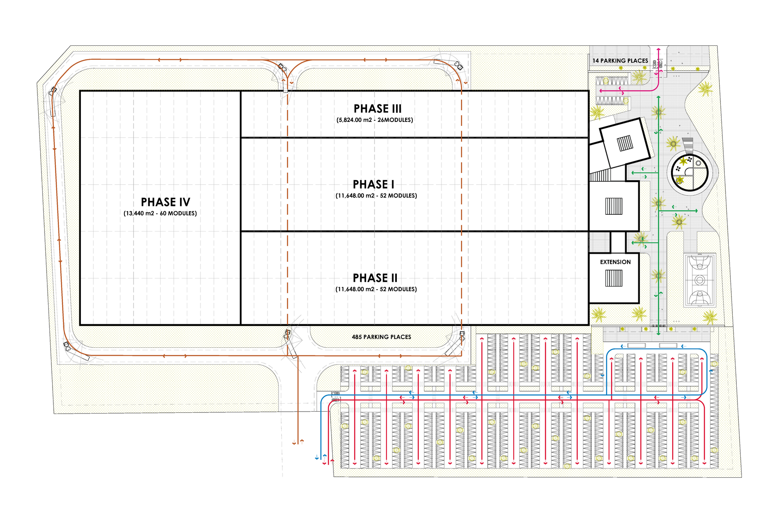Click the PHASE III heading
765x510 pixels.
[x=377, y=108]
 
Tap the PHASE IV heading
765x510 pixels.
[x=165, y=202]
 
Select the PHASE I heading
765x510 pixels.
[x=373, y=184]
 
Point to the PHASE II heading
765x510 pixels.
[x=375, y=278]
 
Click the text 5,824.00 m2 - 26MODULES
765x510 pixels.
[x=375, y=120]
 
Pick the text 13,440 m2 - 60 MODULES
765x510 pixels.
[x=160, y=213]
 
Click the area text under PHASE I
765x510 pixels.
[x=376, y=196]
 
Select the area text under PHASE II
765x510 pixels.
[x=376, y=289]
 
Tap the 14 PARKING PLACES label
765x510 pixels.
[x=620, y=61]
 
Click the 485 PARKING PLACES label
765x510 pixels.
[x=381, y=337]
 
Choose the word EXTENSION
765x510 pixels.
[x=615, y=262]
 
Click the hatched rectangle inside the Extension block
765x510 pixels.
[x=614, y=278]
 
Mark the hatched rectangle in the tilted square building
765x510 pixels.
[x=625, y=143]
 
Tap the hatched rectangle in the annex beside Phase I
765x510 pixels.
[x=614, y=206]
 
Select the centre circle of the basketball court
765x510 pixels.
[x=700, y=280]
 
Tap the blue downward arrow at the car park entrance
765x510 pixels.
[x=317, y=458]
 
